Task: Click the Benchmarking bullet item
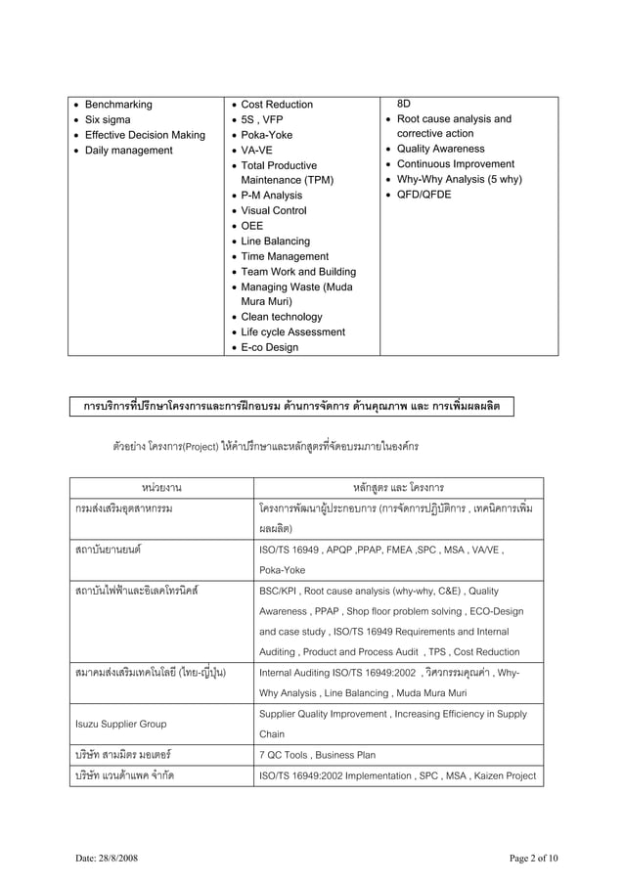[x=118, y=105]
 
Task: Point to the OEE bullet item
[x=252, y=226]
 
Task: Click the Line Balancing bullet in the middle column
[x=275, y=242]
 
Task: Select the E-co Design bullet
[x=269, y=347]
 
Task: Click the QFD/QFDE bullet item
[x=423, y=195]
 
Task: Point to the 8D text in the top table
[x=405, y=103]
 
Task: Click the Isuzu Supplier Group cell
[x=119, y=725]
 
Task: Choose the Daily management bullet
[x=128, y=151]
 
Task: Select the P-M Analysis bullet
[x=271, y=196]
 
